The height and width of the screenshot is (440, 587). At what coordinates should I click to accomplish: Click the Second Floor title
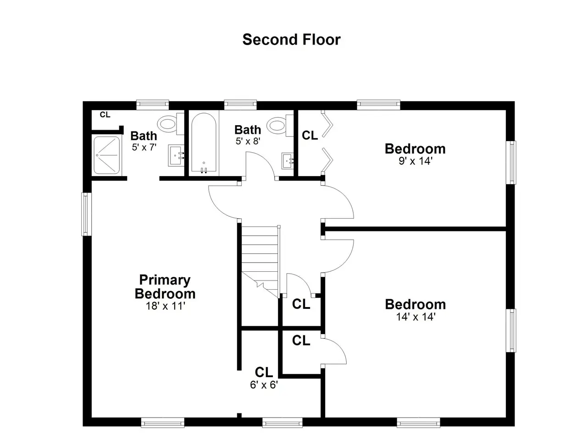[x=292, y=39]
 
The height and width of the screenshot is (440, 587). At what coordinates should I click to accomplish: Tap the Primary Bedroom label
[x=165, y=286]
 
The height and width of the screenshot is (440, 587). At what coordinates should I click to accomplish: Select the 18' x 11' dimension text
[x=166, y=306]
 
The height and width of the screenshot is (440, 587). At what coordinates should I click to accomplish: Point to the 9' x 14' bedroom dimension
[x=415, y=161]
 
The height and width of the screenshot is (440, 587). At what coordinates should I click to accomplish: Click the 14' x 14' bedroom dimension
[x=416, y=317]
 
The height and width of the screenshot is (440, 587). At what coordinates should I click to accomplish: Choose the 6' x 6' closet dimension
[x=264, y=385]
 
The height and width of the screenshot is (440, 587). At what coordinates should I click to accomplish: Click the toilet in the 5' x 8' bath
[x=280, y=126]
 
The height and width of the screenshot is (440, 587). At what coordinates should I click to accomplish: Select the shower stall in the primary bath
[x=107, y=155]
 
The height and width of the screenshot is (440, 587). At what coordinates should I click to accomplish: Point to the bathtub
[x=204, y=143]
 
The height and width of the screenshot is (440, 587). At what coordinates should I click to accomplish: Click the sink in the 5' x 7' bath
[x=176, y=155]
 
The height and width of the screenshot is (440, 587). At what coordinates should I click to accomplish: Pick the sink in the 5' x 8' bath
[x=288, y=161]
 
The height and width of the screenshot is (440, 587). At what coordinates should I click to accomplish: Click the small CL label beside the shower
[x=105, y=115]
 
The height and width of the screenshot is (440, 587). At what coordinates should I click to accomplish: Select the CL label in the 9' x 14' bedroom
[x=310, y=135]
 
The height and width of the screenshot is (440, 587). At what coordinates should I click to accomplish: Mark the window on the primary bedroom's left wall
[x=86, y=214]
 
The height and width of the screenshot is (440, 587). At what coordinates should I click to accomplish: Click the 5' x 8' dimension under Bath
[x=248, y=141]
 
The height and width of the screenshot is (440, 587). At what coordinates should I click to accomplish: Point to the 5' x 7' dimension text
[x=144, y=147]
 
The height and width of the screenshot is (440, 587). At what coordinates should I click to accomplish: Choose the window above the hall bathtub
[x=240, y=104]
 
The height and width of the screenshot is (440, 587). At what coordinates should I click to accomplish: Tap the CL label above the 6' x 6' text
[x=264, y=372]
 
